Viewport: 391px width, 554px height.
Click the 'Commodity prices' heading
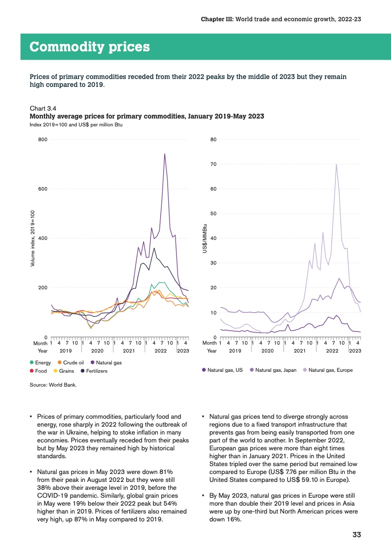[x=90, y=47]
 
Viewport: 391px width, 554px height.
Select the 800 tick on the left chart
[x=42, y=140]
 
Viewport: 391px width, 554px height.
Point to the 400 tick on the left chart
[x=42, y=238]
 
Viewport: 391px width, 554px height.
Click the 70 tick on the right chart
[x=213, y=164]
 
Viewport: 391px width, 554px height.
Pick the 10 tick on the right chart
[x=213, y=313]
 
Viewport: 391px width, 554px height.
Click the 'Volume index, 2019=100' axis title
[x=33, y=238]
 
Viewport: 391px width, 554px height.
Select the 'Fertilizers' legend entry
[x=96, y=371]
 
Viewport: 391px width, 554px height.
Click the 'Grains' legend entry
[x=66, y=371]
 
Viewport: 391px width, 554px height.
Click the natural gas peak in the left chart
[x=165, y=154]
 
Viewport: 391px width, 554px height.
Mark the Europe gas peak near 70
[x=336, y=164]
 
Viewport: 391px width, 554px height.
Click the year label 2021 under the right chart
[x=299, y=351]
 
